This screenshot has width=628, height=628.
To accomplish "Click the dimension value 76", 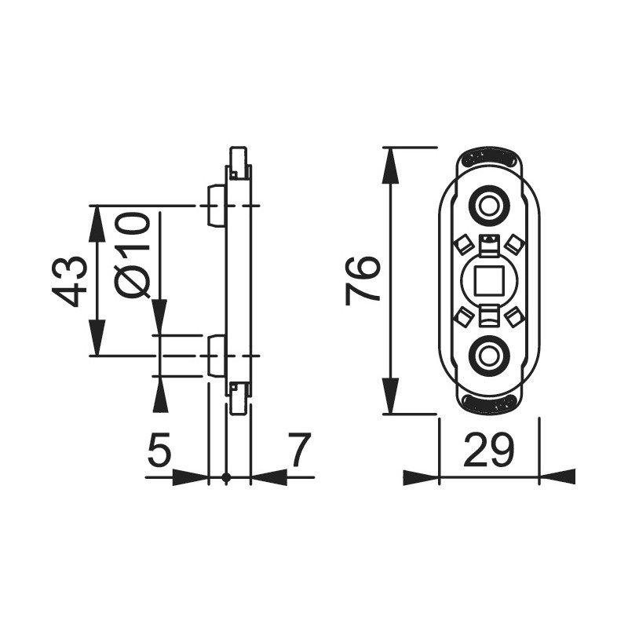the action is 363,282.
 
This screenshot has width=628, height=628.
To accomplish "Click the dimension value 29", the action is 488,450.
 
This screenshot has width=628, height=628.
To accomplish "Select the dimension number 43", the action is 69,282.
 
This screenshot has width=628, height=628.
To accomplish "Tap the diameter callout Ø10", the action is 132,255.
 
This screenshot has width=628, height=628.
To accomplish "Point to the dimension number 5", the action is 159,450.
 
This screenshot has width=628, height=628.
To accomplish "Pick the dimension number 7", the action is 301,450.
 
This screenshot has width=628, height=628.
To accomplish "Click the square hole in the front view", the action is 488,281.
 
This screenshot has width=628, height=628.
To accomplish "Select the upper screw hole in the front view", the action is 488,206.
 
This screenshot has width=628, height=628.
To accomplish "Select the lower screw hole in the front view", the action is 488,356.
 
